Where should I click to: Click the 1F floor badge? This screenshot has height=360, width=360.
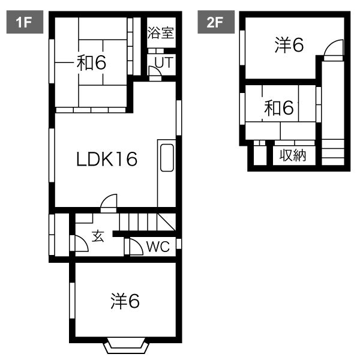pos(25,22)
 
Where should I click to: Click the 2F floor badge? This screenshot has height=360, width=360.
pos(216,22)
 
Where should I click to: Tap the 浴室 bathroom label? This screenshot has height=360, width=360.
pos(160,32)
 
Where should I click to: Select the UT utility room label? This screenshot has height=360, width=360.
pos(164,62)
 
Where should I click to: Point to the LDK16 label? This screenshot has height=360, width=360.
pos(107,159)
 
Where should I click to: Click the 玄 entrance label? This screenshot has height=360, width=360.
pos(98,236)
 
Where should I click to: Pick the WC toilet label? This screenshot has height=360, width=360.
pos(158,247)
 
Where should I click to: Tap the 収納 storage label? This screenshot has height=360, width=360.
pos(293,155)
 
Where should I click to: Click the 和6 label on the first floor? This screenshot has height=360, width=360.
pos(91,62)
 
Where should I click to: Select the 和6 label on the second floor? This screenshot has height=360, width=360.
pos(279,108)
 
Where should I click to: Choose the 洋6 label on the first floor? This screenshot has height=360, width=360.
pos(125,301)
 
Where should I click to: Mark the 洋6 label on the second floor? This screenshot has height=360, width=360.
pos(289,45)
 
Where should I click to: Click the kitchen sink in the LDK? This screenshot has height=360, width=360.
pos(167,158)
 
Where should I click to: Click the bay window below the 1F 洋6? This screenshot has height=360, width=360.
pos(126,346)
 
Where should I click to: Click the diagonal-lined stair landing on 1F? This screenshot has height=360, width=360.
pos(167,222)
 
